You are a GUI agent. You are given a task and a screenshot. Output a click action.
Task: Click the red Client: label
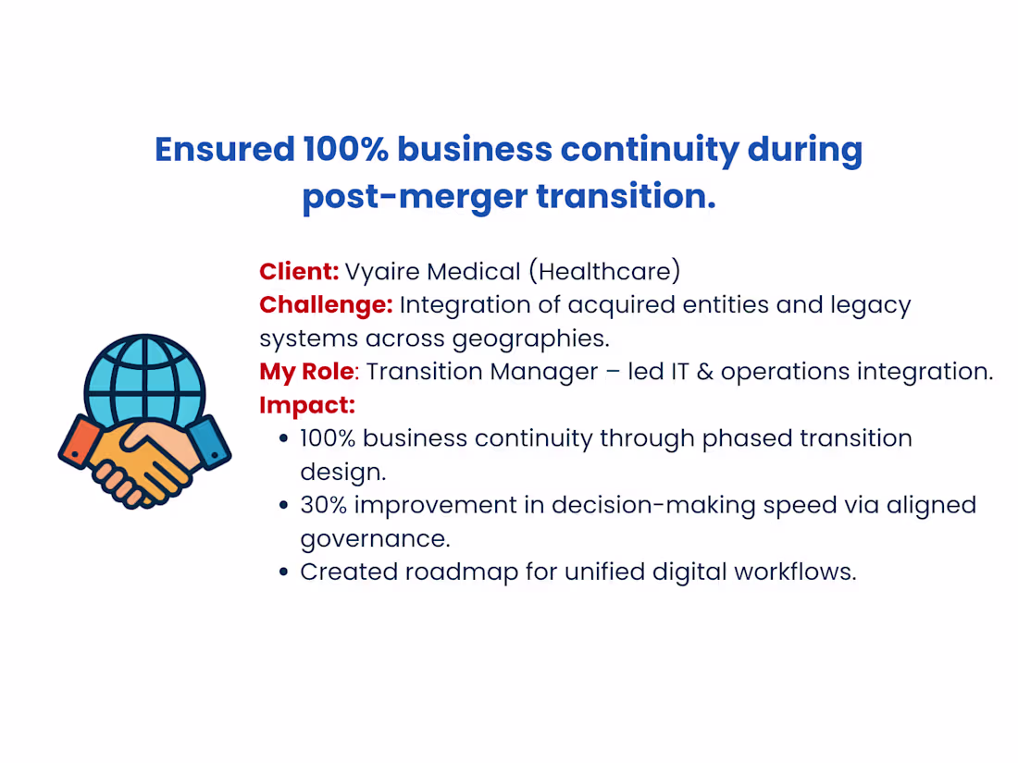pyautogui.click(x=299, y=271)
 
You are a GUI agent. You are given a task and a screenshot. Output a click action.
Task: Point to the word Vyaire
pyautogui.click(x=381, y=271)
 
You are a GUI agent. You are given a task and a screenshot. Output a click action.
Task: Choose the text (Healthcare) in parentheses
pyautogui.click(x=604, y=271)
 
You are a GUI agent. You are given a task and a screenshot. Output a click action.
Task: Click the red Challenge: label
pyautogui.click(x=326, y=304)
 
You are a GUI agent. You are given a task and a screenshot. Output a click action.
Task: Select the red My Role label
pyautogui.click(x=305, y=371)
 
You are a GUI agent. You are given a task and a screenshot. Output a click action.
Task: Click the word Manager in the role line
pyautogui.click(x=554, y=371)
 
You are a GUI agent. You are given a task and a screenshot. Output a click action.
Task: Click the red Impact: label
pyautogui.click(x=307, y=404)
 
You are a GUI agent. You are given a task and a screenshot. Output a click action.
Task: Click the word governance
pyautogui.click(x=375, y=538)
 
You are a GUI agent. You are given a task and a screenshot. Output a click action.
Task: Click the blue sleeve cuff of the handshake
pyautogui.click(x=208, y=443)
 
